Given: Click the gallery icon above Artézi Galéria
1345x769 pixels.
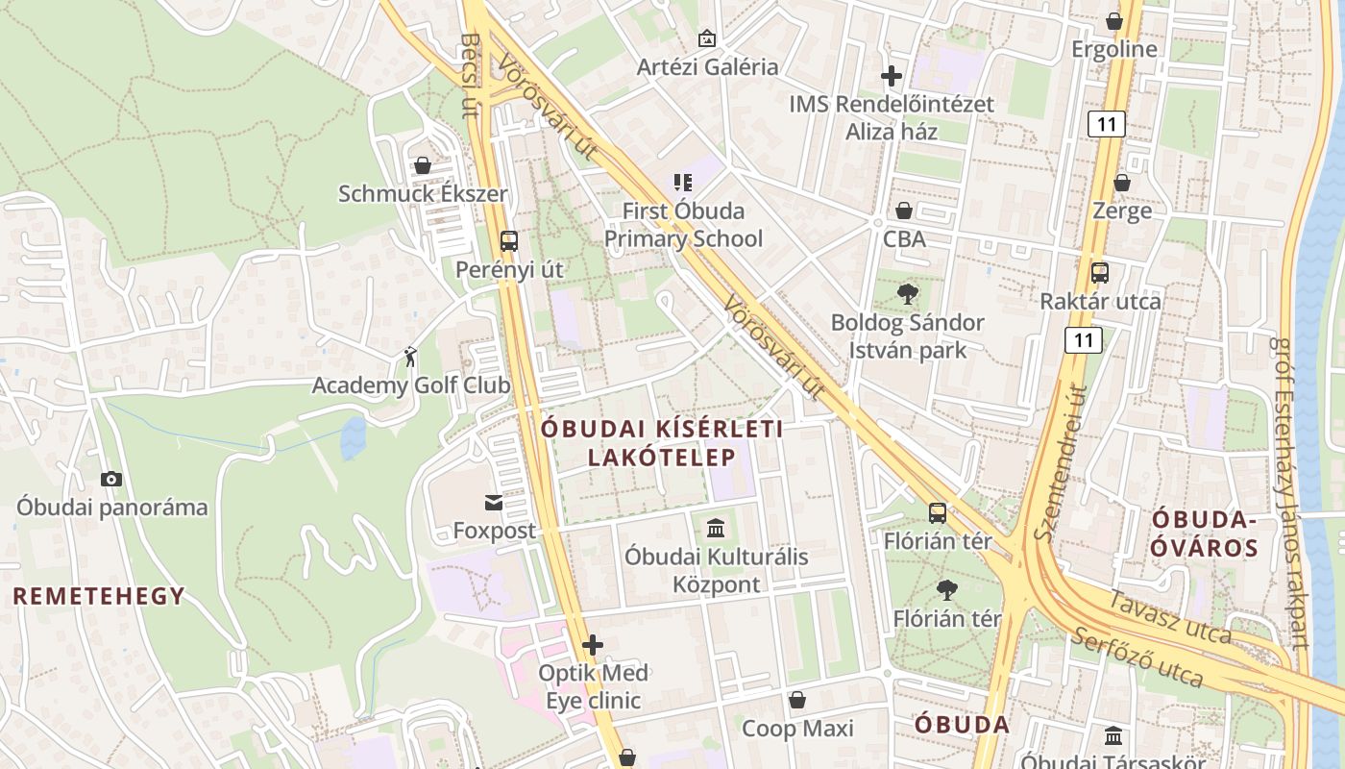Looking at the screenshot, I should (x=707, y=38).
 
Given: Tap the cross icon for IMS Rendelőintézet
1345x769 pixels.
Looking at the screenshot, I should (x=892, y=75).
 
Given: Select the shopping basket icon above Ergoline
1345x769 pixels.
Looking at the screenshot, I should (x=1114, y=20).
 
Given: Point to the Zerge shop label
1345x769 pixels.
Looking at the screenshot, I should (x=1122, y=211).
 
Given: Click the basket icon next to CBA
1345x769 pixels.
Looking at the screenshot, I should (x=904, y=211).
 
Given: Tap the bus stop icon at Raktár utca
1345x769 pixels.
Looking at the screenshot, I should (x=1100, y=273).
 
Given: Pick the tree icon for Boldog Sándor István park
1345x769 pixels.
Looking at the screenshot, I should (x=907, y=294).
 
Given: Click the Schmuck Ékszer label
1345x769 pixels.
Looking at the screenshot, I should (x=423, y=193).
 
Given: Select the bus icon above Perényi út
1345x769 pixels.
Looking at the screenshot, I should (x=509, y=241).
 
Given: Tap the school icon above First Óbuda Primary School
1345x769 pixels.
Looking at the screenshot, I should (x=683, y=182).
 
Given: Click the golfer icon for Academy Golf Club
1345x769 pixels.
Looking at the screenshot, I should (x=411, y=357).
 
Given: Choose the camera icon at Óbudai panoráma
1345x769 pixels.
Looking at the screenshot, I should (x=111, y=479).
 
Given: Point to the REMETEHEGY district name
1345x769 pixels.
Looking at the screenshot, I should (x=99, y=596).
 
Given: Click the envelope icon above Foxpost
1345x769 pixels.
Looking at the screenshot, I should (x=494, y=502).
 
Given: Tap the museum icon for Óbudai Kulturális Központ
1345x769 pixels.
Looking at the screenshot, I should (x=716, y=528).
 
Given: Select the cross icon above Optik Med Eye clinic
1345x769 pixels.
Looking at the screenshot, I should (x=593, y=644).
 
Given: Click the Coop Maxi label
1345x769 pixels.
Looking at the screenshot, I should (x=797, y=729).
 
